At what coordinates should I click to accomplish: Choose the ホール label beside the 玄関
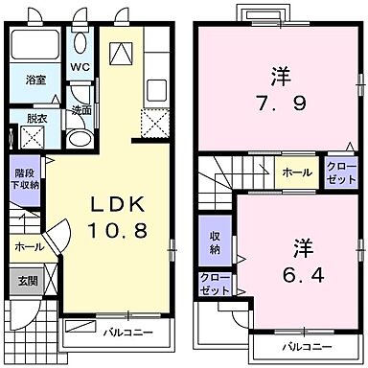pos(26,245)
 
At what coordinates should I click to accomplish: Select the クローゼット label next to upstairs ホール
pos(340,173)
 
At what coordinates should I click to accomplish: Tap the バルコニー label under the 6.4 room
pos(307,346)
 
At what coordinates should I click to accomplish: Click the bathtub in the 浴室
pos(35,45)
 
